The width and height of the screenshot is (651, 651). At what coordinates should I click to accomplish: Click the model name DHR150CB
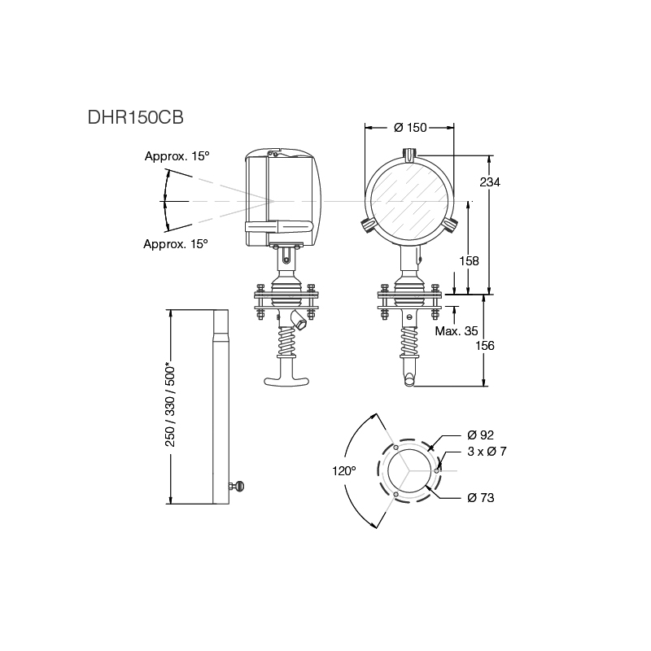(135, 116)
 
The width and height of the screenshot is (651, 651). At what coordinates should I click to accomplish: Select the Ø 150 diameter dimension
(410, 128)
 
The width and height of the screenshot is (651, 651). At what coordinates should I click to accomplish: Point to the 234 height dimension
(489, 182)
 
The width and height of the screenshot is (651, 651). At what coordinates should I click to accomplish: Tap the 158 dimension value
(469, 261)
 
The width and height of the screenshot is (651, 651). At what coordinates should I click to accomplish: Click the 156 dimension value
(484, 345)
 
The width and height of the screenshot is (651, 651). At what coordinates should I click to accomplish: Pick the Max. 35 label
(457, 331)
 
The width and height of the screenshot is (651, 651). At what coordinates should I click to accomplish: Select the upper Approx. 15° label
(177, 155)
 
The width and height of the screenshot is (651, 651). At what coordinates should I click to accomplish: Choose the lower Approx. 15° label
(176, 243)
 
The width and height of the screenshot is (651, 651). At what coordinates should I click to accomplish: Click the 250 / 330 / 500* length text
(171, 404)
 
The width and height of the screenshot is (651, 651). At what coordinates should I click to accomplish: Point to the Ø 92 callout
(481, 435)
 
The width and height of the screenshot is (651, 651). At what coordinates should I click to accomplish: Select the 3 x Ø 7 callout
(487, 452)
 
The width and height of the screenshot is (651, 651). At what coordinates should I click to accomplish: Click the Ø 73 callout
(481, 497)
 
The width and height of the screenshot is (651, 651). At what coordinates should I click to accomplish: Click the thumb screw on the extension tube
(238, 487)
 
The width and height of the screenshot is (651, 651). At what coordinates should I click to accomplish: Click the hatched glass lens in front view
(410, 202)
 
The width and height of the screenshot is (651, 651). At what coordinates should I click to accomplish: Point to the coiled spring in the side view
(288, 342)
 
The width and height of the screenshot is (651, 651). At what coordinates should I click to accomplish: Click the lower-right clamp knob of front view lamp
(450, 225)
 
